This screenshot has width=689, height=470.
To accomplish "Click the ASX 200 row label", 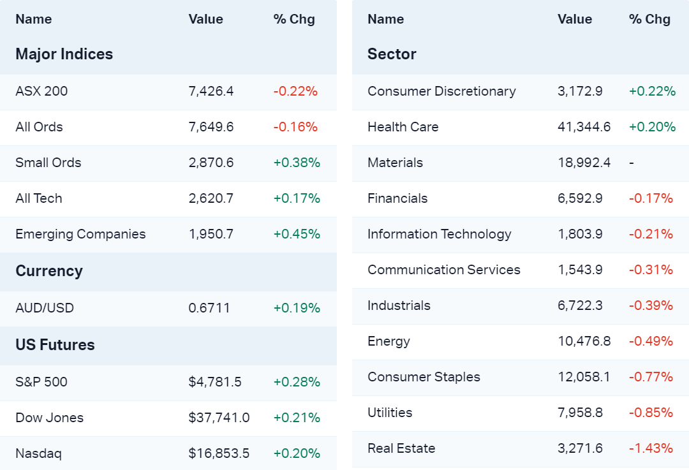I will click(41, 91).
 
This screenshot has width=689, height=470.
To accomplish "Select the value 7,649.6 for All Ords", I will click(211, 127).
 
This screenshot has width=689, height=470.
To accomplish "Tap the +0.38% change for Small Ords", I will click(297, 163).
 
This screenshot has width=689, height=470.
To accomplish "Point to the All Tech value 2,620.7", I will click(211, 198).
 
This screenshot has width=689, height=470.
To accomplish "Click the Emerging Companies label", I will click(80, 234).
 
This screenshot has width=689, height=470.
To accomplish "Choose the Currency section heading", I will click(49, 271).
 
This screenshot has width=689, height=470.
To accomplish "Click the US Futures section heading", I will click(55, 345).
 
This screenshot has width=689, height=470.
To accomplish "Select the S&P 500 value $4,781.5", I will click(215, 382).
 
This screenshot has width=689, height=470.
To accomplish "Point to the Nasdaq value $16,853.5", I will click(219, 453).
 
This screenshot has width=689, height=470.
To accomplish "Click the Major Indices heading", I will click(64, 54).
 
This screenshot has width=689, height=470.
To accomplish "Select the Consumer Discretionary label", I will click(441, 91).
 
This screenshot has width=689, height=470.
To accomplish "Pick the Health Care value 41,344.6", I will click(584, 127).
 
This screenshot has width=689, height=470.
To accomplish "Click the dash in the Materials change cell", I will click(631, 163).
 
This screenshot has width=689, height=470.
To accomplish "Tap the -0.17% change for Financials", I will click(651, 198).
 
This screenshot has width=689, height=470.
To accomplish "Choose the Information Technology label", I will click(439, 234).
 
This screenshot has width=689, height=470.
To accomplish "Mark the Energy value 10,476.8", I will click(584, 341).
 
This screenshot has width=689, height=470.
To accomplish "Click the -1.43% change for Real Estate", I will click(651, 448).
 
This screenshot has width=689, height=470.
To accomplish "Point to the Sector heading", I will click(392, 54).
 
